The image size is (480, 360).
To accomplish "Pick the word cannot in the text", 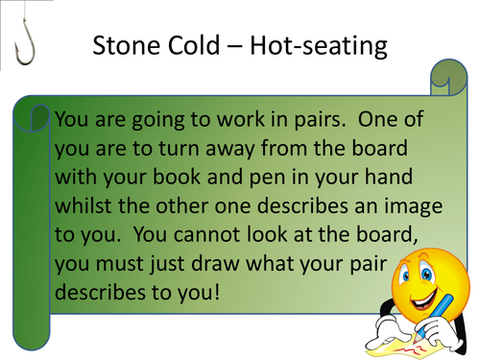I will pyautogui.click(x=202, y=233).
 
